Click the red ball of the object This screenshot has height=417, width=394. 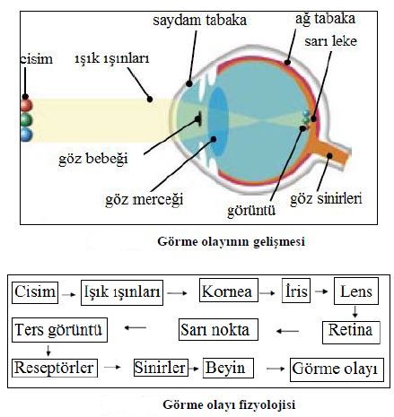pyautogui.click(x=26, y=106)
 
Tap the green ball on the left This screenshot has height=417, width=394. pyautogui.click(x=26, y=119)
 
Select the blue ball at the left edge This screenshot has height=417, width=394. pyautogui.click(x=26, y=134)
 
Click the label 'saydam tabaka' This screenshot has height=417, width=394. pyautogui.click(x=199, y=21)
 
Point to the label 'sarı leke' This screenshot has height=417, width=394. pyautogui.click(x=330, y=41)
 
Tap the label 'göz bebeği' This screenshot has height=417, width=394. pyautogui.click(x=93, y=159)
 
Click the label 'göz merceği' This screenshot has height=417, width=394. pyautogui.click(x=144, y=199)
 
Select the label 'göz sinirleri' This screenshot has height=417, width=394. pyautogui.click(x=326, y=199)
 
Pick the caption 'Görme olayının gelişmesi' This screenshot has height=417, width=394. pyautogui.click(x=231, y=241)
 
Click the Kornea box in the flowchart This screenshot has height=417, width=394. pyautogui.click(x=229, y=290)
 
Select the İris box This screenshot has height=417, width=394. pyautogui.click(x=296, y=291)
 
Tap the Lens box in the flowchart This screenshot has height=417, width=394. pyautogui.click(x=356, y=291)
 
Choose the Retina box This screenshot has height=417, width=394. pyautogui.click(x=351, y=333)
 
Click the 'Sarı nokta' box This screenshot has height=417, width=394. pyautogui.click(x=218, y=330)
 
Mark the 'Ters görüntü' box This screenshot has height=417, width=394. pyautogui.click(x=59, y=330)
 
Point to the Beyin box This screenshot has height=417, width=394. pyautogui.click(x=228, y=368)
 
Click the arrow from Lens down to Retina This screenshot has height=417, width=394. pyautogui.click(x=355, y=311)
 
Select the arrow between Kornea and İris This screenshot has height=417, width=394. pyautogui.click(x=267, y=293)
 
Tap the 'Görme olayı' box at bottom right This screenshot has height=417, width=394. pyautogui.click(x=337, y=369)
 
